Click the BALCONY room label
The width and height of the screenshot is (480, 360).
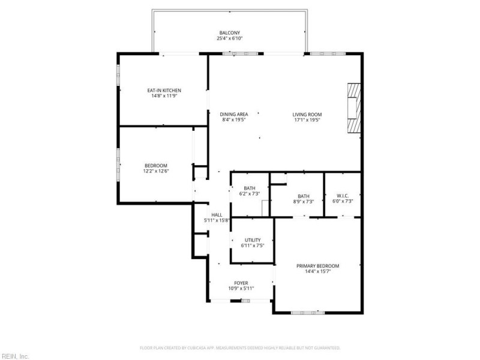pos(230,32)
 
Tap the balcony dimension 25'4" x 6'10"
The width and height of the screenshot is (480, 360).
pos(230,38)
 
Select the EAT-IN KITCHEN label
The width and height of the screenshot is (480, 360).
pos(164,91)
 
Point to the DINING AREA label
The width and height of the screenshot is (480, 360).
pos(234,114)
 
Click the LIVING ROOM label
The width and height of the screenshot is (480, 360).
pos(307,114)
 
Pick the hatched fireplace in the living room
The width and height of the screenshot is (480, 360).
pos(353,108)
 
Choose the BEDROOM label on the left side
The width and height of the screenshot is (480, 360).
pos(156,166)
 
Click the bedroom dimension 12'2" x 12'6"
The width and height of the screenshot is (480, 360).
pos(156,172)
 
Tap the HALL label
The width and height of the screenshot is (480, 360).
pos(217,215)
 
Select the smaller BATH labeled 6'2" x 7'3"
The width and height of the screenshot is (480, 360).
pos(249,188)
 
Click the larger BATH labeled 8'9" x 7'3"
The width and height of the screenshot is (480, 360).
pos(304,196)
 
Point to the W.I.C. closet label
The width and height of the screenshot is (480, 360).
pos(343,196)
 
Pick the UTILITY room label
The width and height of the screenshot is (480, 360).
pos(252,240)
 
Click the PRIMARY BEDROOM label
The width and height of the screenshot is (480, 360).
pos(318,266)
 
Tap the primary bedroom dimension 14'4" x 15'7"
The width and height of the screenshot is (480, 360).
pos(318,272)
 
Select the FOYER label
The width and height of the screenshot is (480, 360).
pos(241,283)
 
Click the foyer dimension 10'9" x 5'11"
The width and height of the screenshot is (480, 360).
pos(241,289)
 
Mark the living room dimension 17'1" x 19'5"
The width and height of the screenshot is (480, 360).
pos(307,120)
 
